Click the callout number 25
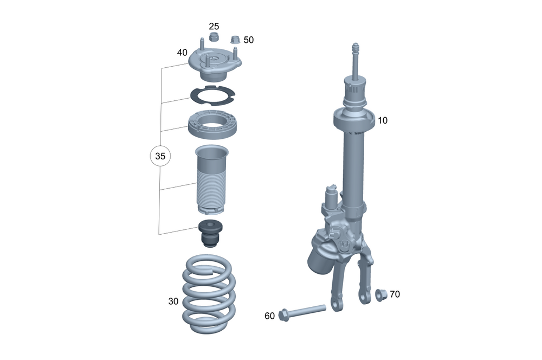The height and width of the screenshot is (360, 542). [214, 26]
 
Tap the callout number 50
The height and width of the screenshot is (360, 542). [249, 40]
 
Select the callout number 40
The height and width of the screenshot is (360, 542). [182, 53]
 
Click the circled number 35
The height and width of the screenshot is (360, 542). [160, 156]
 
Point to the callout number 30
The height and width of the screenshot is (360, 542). [173, 301]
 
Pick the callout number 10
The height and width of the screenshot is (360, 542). [383, 120]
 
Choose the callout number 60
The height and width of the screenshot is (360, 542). [269, 316]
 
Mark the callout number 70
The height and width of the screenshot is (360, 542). [395, 294]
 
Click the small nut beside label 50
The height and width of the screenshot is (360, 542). [235, 40]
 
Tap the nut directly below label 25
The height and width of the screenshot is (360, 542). [214, 36]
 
